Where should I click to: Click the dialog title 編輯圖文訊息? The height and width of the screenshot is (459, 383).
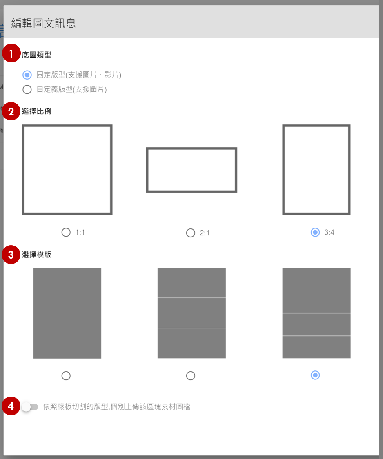pos(43,23)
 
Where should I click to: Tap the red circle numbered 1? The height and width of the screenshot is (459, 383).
pos(11,53)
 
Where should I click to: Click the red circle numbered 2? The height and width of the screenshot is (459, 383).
pos(11,111)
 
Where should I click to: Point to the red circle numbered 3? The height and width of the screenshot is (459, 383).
pos(11,255)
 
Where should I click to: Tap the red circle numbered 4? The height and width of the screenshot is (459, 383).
pos(11,406)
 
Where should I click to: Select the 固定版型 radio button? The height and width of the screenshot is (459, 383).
pos(27,75)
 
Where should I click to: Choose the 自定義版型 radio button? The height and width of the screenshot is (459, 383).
pos(27,89)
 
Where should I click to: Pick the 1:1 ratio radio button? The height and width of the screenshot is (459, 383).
pos(66,233)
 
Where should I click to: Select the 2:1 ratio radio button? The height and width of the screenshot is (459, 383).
pos(190,233)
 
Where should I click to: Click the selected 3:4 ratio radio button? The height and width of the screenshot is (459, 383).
pos(315,233)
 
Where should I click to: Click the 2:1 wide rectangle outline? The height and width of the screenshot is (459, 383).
pos(191,149)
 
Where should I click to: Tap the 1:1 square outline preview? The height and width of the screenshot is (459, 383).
pos(67,126)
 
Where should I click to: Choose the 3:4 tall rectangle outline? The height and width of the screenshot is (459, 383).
pos(316,126)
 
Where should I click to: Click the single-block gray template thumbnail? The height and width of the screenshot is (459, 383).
pos(67,313)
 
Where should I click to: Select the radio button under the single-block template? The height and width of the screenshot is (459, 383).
pos(66,376)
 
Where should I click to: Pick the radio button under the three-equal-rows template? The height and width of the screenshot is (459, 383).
pos(190,376)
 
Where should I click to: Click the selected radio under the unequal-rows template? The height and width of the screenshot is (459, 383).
pos(315,375)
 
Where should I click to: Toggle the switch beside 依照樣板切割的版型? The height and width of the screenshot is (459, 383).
pos(30,407)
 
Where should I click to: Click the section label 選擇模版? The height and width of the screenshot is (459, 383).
pos(37,255)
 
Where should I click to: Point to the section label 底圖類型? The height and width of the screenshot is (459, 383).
pos(37,55)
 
